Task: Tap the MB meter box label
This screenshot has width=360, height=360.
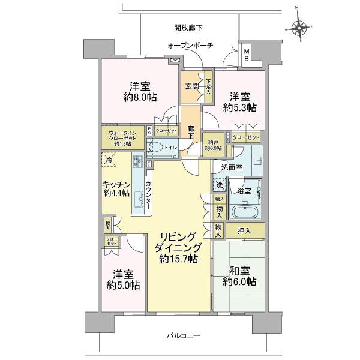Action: pyautogui.click(x=247, y=56)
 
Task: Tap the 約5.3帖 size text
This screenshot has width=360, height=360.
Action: pyautogui.click(x=240, y=107)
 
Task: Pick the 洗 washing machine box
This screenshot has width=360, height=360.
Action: pyautogui.click(x=220, y=185)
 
